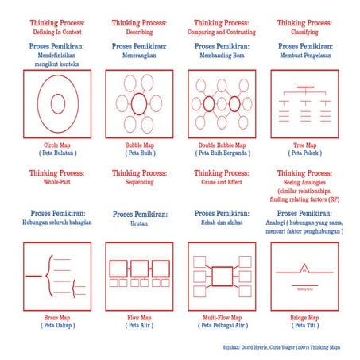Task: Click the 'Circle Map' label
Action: coord(56,145)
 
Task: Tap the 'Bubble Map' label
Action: coord(139,145)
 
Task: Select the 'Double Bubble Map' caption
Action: coord(221,145)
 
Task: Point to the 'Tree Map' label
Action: coord(304,145)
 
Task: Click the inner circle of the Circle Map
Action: coord(56,103)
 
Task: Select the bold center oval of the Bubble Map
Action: coord(139,103)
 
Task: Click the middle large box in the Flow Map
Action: coord(139,268)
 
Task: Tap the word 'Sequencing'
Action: coord(139,182)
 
